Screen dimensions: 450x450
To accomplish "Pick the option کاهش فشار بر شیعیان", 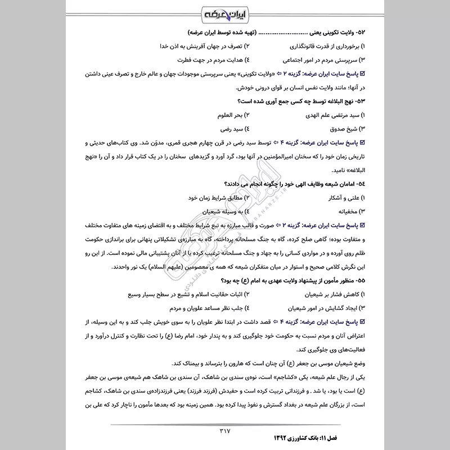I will (x=327, y=295).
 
